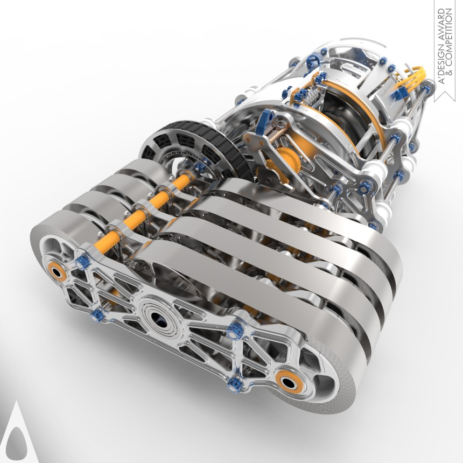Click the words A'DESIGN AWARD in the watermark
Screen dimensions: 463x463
[441, 46]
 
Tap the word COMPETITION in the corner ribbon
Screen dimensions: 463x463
[449, 42]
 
